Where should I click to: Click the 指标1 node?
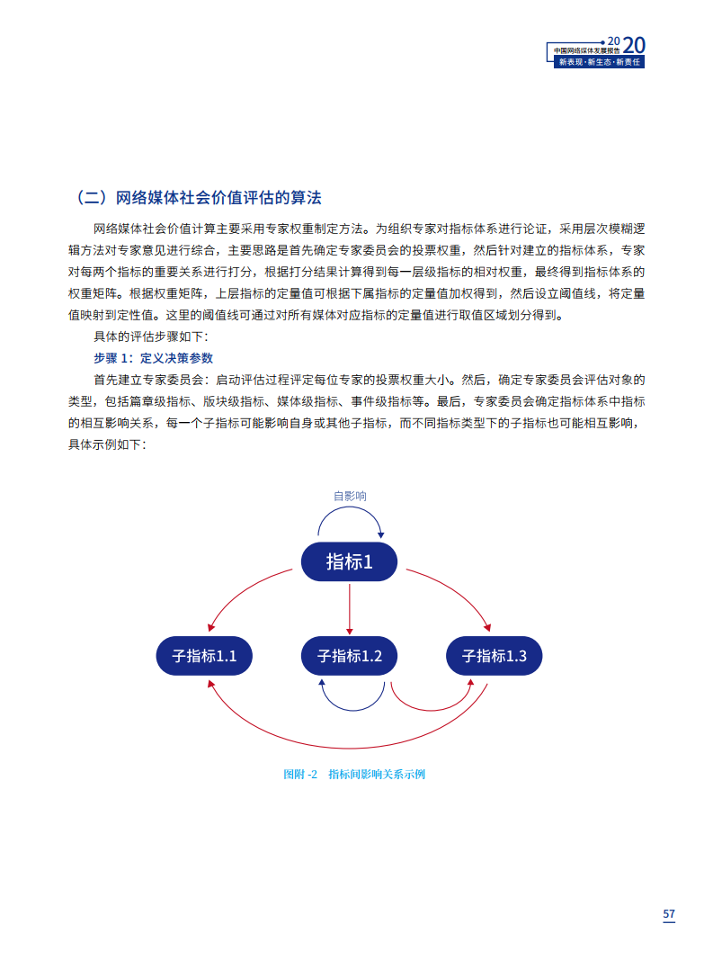[349, 561]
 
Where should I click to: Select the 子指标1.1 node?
[204, 656]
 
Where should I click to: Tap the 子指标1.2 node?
[350, 656]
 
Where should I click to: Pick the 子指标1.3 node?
[494, 656]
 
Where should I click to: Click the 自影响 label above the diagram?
[350, 497]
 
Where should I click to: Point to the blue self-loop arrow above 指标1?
[350, 507]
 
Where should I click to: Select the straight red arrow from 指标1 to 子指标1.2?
[350, 609]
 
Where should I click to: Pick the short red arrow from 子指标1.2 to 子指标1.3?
[431, 710]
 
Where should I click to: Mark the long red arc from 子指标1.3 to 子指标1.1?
[350, 748]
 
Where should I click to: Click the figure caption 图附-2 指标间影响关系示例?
[354, 775]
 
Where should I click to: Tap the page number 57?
[669, 914]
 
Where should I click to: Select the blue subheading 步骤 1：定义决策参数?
[153, 358]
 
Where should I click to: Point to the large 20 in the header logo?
[634, 45]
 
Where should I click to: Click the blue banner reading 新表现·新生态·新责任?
[599, 62]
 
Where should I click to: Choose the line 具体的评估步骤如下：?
[151, 336]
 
